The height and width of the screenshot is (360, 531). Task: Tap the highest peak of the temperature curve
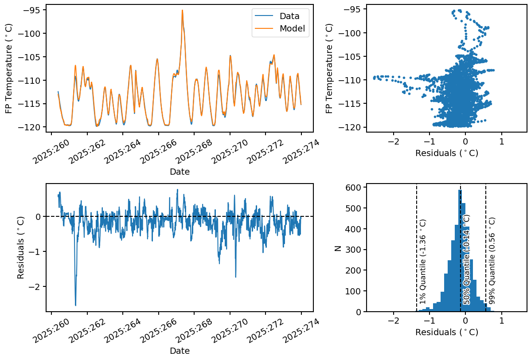(182, 10)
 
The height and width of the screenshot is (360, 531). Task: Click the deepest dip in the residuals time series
(75, 305)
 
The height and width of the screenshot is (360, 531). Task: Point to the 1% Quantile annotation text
(423, 262)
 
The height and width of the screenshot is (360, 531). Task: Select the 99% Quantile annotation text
(492, 262)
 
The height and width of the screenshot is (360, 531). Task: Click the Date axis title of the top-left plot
(180, 172)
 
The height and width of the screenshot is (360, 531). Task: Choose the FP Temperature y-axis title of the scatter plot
(329, 68)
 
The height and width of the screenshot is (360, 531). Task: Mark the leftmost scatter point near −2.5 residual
(374, 77)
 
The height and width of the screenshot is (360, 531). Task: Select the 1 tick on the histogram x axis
(501, 321)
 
